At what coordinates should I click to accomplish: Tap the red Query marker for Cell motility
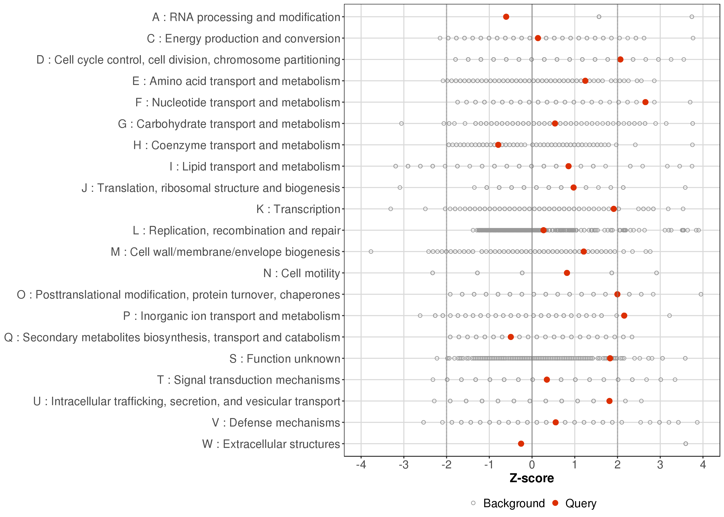click(567, 273)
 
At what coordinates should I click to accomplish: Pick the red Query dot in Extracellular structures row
click(521, 443)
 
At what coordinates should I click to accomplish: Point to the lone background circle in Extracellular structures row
click(686, 443)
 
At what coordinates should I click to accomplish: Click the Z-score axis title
click(532, 478)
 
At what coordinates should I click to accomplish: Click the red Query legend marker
click(555, 503)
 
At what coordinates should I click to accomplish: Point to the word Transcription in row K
click(307, 209)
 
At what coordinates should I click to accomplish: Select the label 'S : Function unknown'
click(285, 359)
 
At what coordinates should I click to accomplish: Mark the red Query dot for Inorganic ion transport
click(624, 316)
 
